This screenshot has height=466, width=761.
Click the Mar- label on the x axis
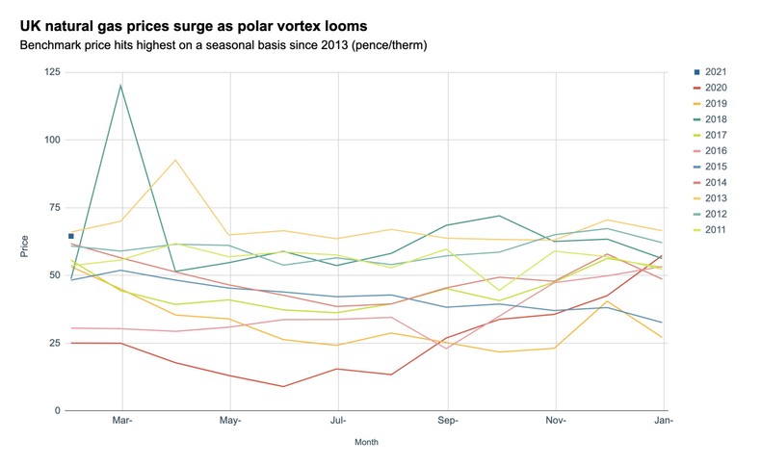(121, 421)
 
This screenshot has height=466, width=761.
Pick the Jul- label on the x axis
(339, 421)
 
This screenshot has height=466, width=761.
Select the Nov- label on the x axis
(556, 421)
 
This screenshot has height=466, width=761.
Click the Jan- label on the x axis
(664, 421)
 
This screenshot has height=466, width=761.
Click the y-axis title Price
(25, 246)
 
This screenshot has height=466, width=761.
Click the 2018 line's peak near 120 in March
(121, 86)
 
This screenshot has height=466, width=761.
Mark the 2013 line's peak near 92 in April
(175, 160)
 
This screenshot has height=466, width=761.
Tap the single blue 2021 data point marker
(70, 236)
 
